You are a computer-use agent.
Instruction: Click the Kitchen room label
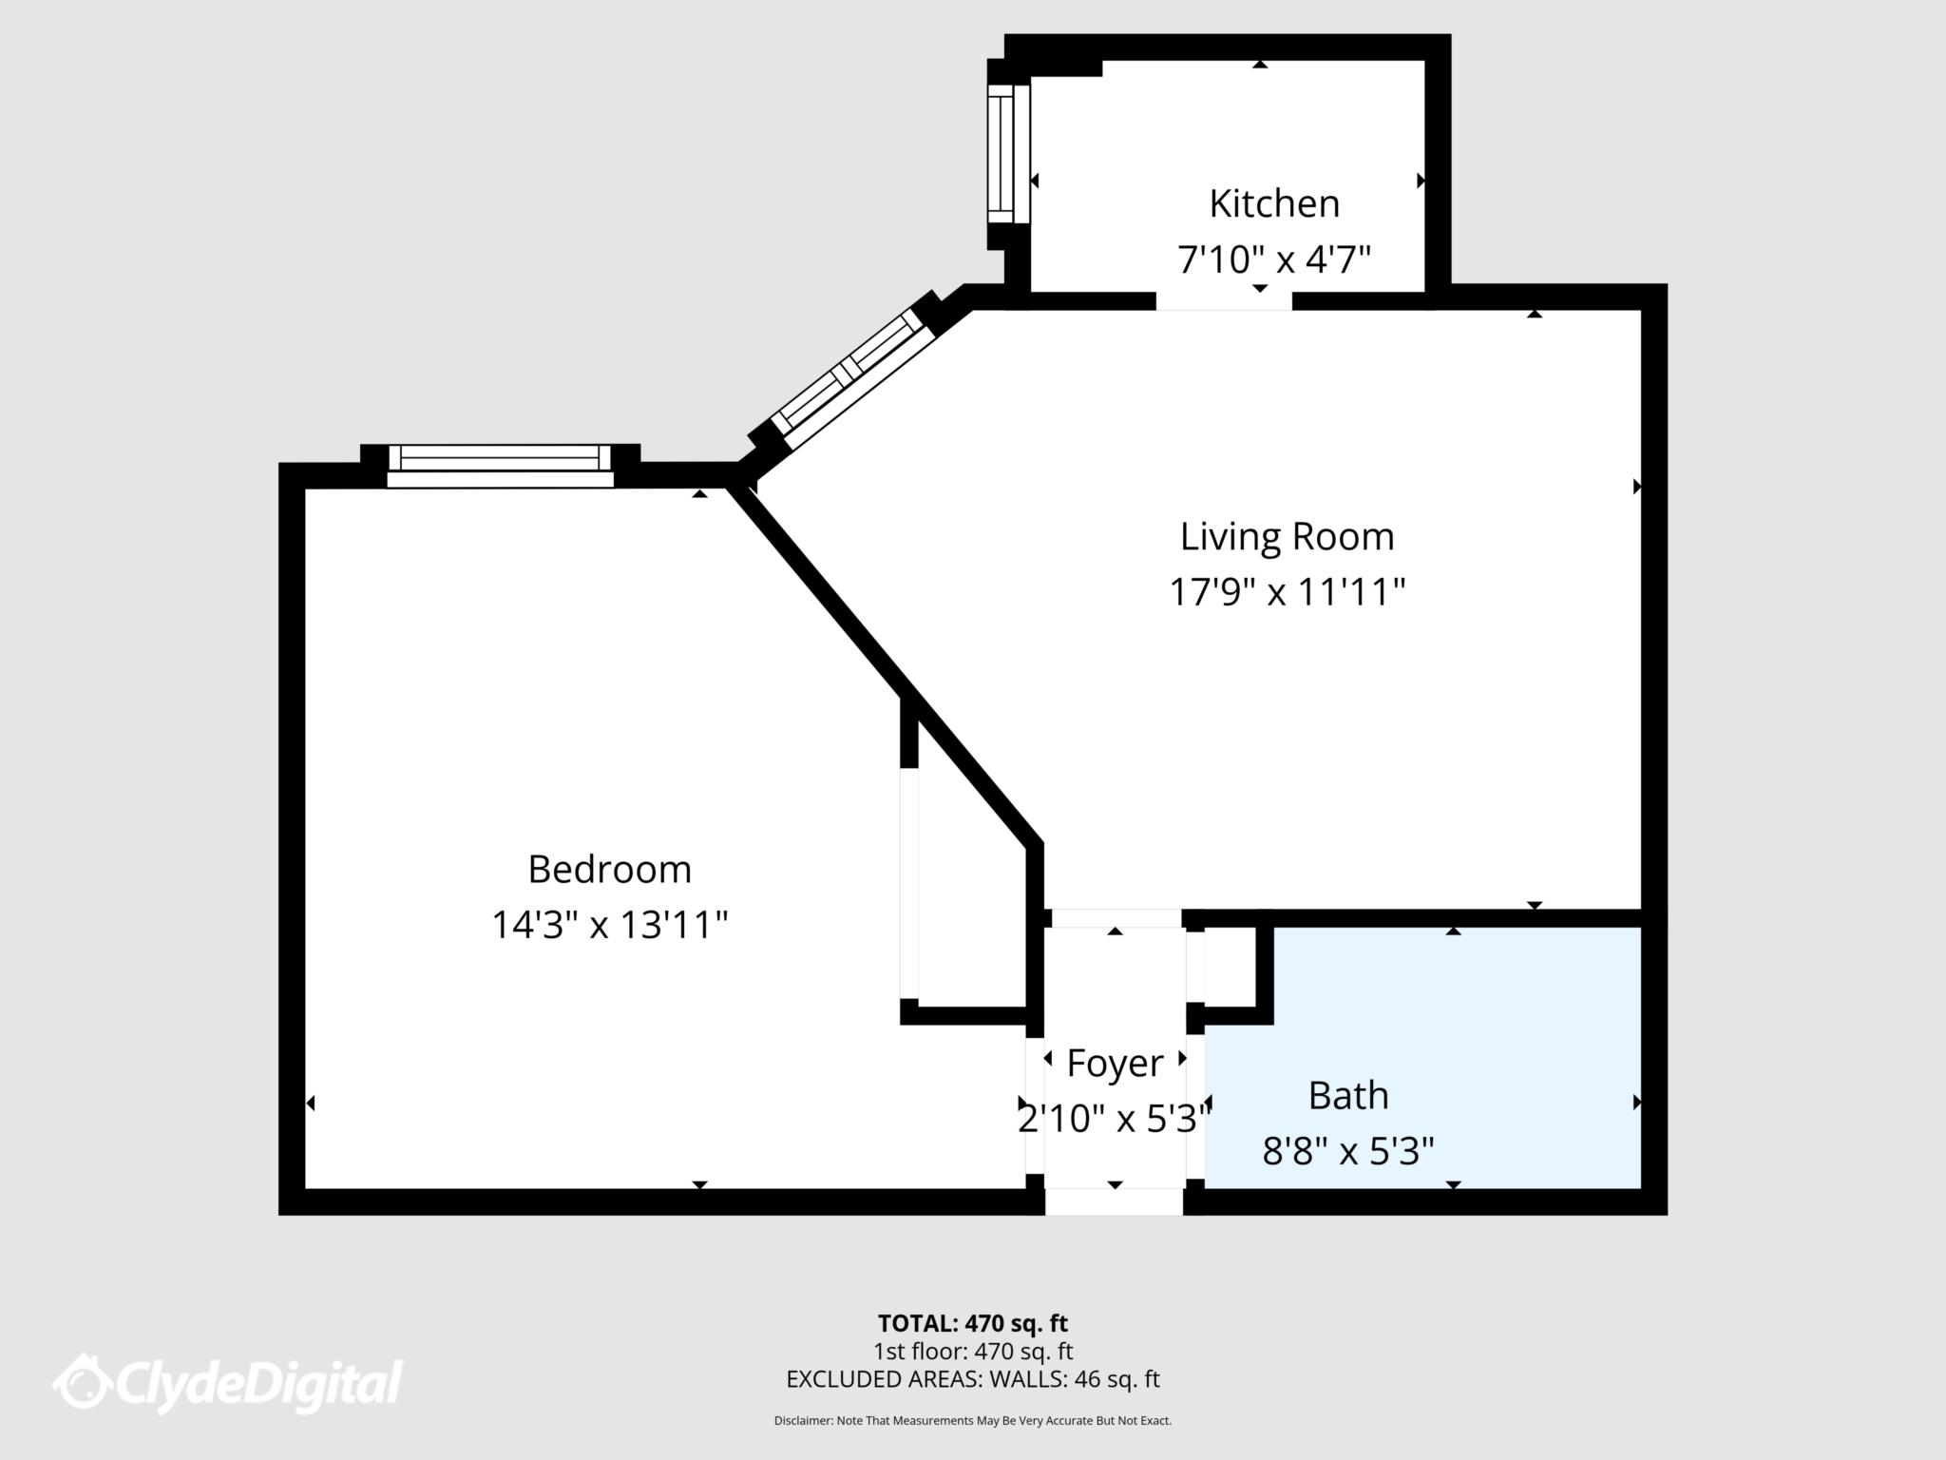1273,203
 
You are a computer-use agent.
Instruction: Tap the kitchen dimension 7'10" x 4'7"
1273,259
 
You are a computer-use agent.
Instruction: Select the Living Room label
1287,536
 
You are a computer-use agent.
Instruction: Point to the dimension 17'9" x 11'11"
1287,592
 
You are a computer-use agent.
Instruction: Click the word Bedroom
609,869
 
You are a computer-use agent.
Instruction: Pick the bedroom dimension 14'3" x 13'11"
609,925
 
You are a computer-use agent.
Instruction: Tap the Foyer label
1115,1063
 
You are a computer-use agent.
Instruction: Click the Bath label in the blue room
1347,1095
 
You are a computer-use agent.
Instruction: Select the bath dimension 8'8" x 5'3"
1347,1152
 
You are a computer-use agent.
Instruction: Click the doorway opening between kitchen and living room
1224,300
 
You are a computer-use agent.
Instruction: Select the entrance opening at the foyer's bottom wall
1114,1201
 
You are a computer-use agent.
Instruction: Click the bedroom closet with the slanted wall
964,912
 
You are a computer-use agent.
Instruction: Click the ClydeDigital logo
228,1383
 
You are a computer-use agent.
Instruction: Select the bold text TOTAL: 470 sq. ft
972,1323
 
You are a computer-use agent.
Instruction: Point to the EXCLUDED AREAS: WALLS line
972,1379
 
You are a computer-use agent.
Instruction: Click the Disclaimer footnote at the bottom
972,1421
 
